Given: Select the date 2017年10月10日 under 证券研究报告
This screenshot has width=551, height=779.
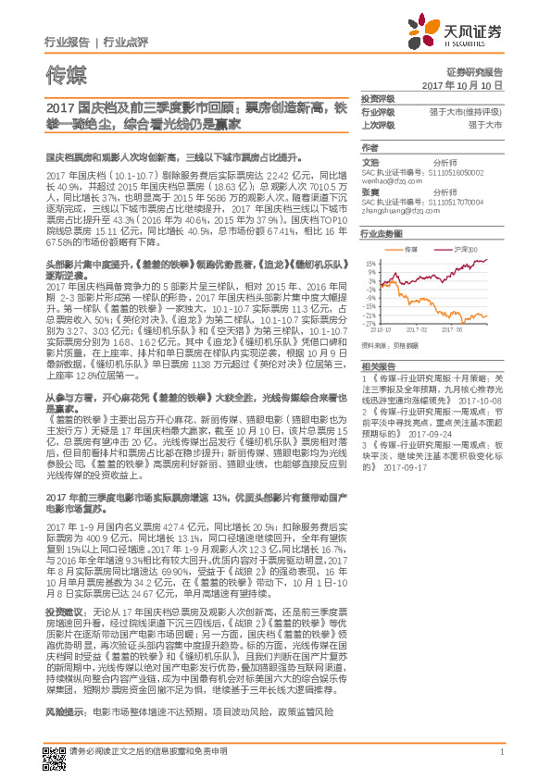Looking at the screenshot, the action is (467, 84).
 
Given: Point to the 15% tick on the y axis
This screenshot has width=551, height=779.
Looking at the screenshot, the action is (370, 264).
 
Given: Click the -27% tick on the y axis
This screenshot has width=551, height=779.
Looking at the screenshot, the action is (370, 324).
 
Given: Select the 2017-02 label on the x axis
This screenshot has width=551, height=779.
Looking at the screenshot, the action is (420, 328).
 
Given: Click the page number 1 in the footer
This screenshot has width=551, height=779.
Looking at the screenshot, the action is (500, 762).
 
